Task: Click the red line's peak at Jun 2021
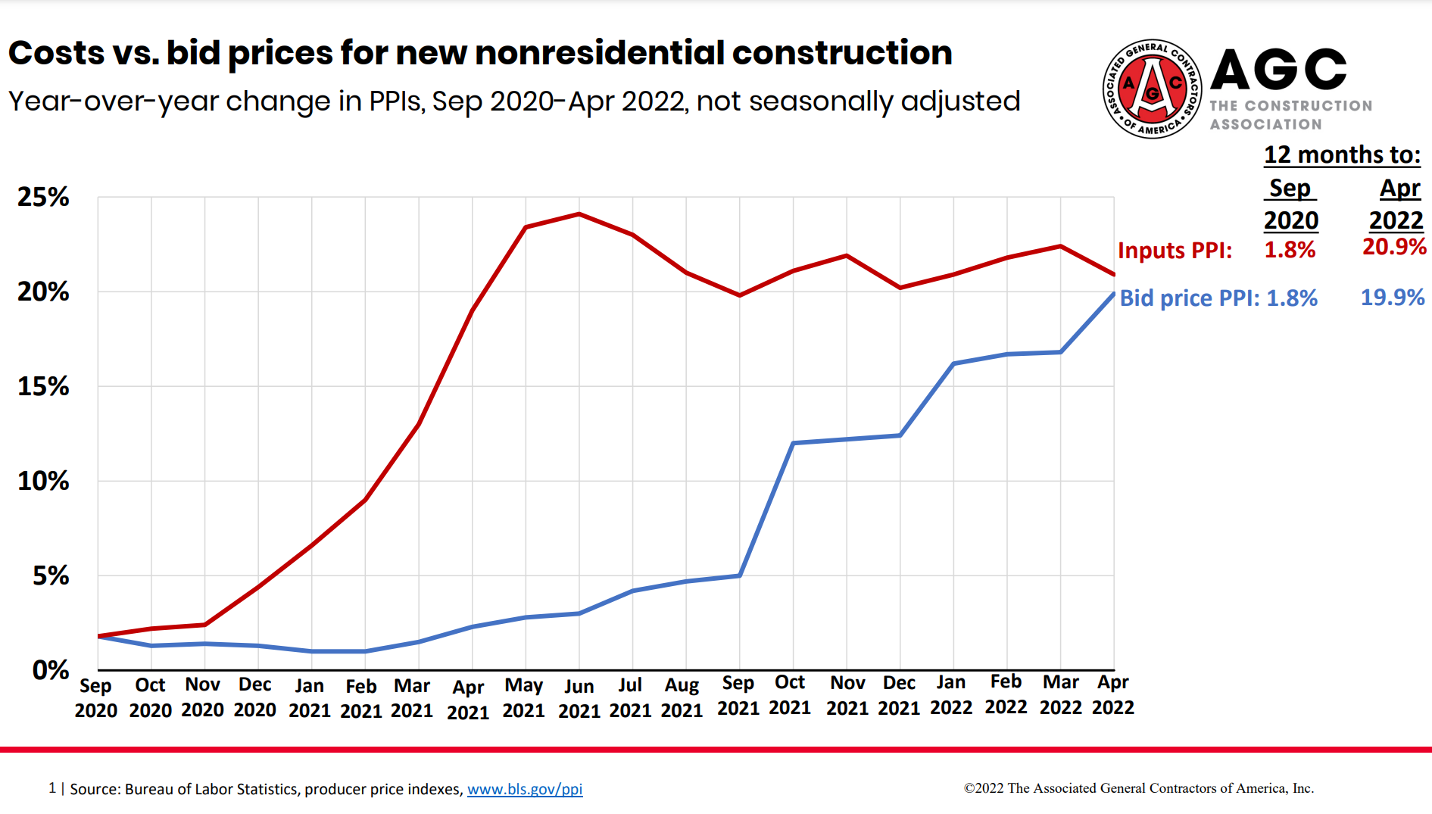pos(579,214)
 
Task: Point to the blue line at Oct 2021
pos(793,443)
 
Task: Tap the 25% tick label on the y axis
pos(43,197)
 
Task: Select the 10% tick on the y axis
pos(43,481)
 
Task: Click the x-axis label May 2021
pos(523,697)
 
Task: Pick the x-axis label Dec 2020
pos(254,697)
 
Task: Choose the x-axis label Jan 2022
pos(951,694)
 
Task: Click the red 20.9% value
pos(1393,246)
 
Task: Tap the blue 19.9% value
pos(1392,297)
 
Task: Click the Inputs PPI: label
pos(1175,250)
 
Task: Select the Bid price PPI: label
pos(1189,298)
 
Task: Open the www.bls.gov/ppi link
pos(524,789)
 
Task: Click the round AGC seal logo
pos(1152,89)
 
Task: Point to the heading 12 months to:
pos(1342,154)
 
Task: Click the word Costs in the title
pos(57,53)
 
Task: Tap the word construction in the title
pos(841,53)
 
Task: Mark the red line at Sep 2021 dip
pos(740,295)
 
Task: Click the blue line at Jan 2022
pos(953,363)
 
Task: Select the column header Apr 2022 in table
pos(1397,204)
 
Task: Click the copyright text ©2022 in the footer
pos(984,788)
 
